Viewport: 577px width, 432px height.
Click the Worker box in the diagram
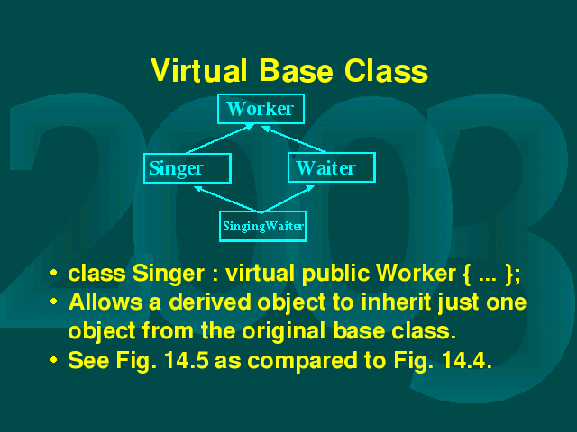(x=261, y=109)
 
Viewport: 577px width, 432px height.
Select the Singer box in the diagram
(x=188, y=168)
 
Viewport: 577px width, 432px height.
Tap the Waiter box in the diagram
(x=332, y=167)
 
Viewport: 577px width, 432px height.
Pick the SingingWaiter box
(x=263, y=226)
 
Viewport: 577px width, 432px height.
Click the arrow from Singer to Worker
(x=220, y=139)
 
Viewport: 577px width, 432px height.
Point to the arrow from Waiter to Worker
(x=294, y=139)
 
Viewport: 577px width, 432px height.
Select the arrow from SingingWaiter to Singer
(x=227, y=199)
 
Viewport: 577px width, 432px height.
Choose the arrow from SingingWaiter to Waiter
(x=288, y=199)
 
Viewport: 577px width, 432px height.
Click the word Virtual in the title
(x=198, y=70)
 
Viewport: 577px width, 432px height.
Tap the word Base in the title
(x=296, y=70)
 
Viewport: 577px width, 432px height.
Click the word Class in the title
(x=386, y=70)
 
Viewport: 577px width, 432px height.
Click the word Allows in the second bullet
(x=105, y=302)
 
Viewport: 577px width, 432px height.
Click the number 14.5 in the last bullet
(x=187, y=360)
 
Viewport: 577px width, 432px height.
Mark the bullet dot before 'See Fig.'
(x=54, y=360)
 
